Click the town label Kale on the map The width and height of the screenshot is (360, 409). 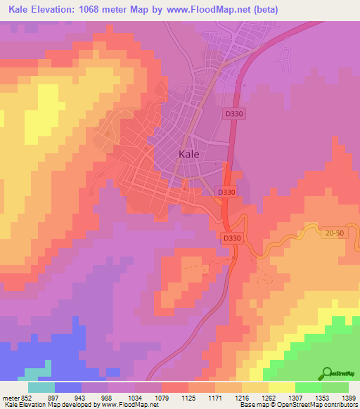[x=189, y=154]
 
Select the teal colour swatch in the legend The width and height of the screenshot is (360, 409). [x=41, y=387]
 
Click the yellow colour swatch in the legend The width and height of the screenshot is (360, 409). [x=281, y=387]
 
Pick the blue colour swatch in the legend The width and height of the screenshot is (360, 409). [x=68, y=387]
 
